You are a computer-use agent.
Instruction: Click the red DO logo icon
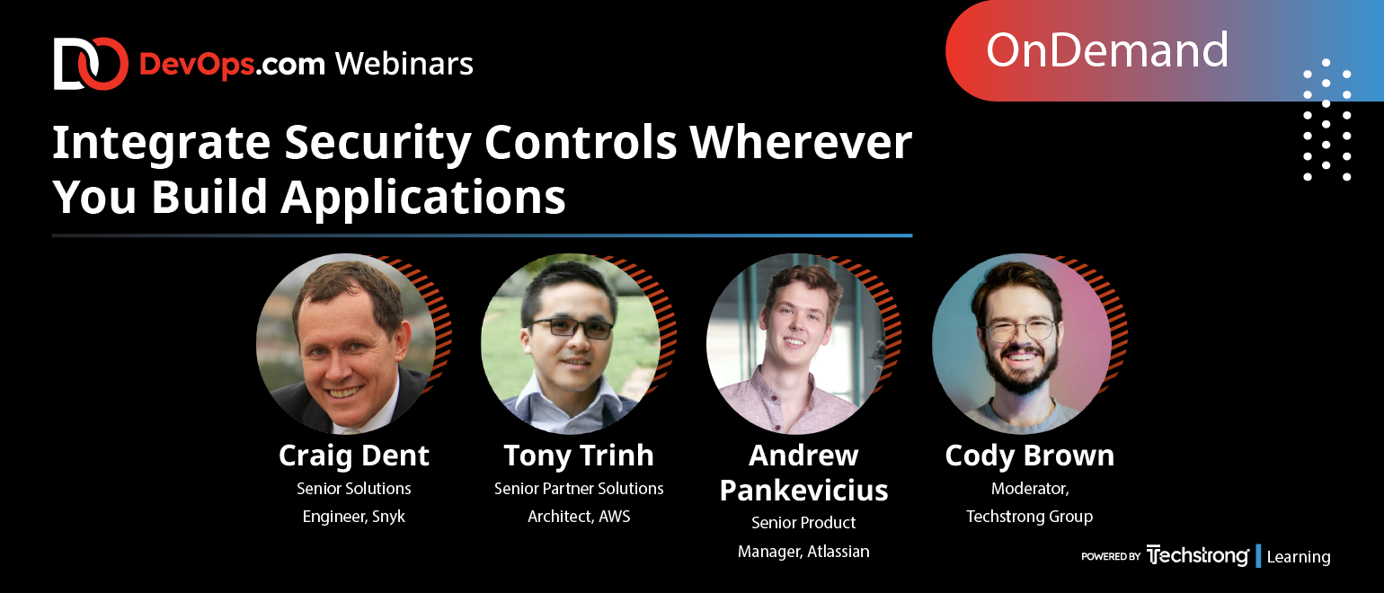(x=91, y=64)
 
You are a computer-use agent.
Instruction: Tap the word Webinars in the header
(x=404, y=64)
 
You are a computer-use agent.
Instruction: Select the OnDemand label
(x=1106, y=50)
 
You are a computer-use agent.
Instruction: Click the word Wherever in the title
(x=801, y=143)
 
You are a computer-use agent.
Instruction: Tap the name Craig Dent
(x=353, y=456)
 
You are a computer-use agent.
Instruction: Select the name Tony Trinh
(x=579, y=456)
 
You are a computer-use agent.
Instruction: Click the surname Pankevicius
(x=803, y=491)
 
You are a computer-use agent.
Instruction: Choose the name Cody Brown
(x=1029, y=456)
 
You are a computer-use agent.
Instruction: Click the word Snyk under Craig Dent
(x=388, y=517)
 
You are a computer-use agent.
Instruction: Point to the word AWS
(x=614, y=517)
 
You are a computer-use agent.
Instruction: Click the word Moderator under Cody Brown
(x=1029, y=489)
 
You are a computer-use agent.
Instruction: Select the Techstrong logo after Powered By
(x=1197, y=556)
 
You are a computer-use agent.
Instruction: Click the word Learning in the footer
(x=1299, y=557)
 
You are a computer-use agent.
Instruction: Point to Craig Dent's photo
(x=346, y=343)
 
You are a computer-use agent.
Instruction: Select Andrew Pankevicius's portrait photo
(x=796, y=343)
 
